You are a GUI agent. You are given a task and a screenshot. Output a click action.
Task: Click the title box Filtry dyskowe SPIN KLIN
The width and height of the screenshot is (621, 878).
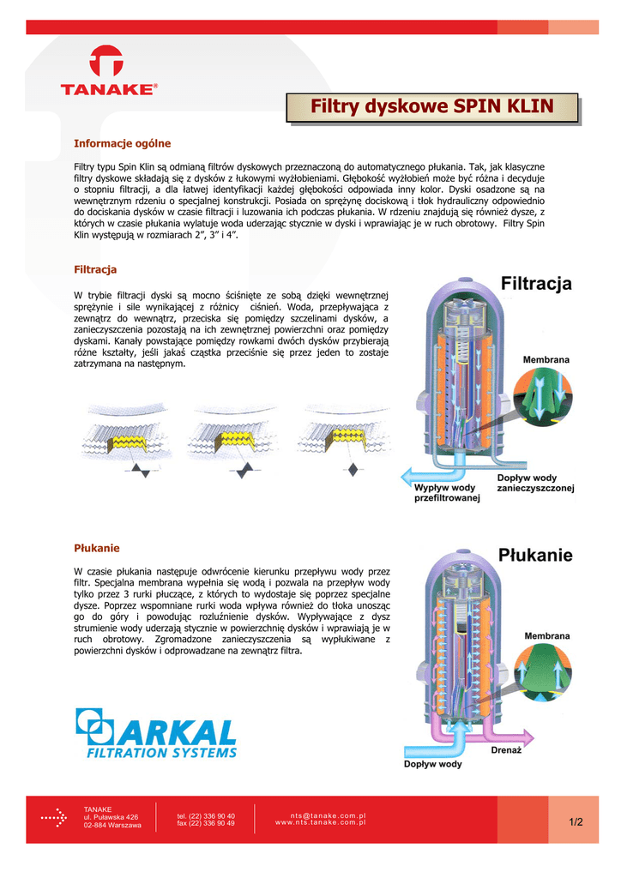pos(431,107)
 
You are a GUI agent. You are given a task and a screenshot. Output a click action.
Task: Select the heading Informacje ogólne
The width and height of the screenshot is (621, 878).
pos(123,142)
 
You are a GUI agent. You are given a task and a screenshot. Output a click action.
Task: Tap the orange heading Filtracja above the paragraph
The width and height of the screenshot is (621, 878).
pos(95,269)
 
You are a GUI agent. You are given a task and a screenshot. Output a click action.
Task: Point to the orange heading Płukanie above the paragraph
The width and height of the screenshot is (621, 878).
pos(97,547)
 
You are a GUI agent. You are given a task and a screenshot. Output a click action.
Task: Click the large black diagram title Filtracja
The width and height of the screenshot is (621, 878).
pos(535,284)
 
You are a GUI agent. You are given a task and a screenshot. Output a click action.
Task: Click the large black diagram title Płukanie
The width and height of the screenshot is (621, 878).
pos(535,555)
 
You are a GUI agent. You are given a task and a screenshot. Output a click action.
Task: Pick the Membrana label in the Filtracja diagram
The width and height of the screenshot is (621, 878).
pos(546,360)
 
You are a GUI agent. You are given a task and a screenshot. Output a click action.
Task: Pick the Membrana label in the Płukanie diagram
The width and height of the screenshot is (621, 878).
pos(546,635)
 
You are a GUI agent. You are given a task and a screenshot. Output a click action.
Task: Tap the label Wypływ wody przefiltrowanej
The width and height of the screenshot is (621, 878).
pos(446,493)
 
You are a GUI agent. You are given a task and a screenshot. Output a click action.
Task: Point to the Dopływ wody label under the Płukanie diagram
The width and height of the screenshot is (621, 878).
pos(433,764)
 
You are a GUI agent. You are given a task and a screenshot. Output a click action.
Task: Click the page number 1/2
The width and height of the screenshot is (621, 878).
pos(575,823)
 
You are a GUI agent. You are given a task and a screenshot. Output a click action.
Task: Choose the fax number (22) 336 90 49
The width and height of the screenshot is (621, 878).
pos(206,823)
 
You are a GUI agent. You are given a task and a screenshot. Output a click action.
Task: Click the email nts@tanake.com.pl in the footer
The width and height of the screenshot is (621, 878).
pos(329,815)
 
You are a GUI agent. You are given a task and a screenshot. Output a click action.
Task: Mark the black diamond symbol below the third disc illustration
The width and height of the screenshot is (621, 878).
pos(353,469)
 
